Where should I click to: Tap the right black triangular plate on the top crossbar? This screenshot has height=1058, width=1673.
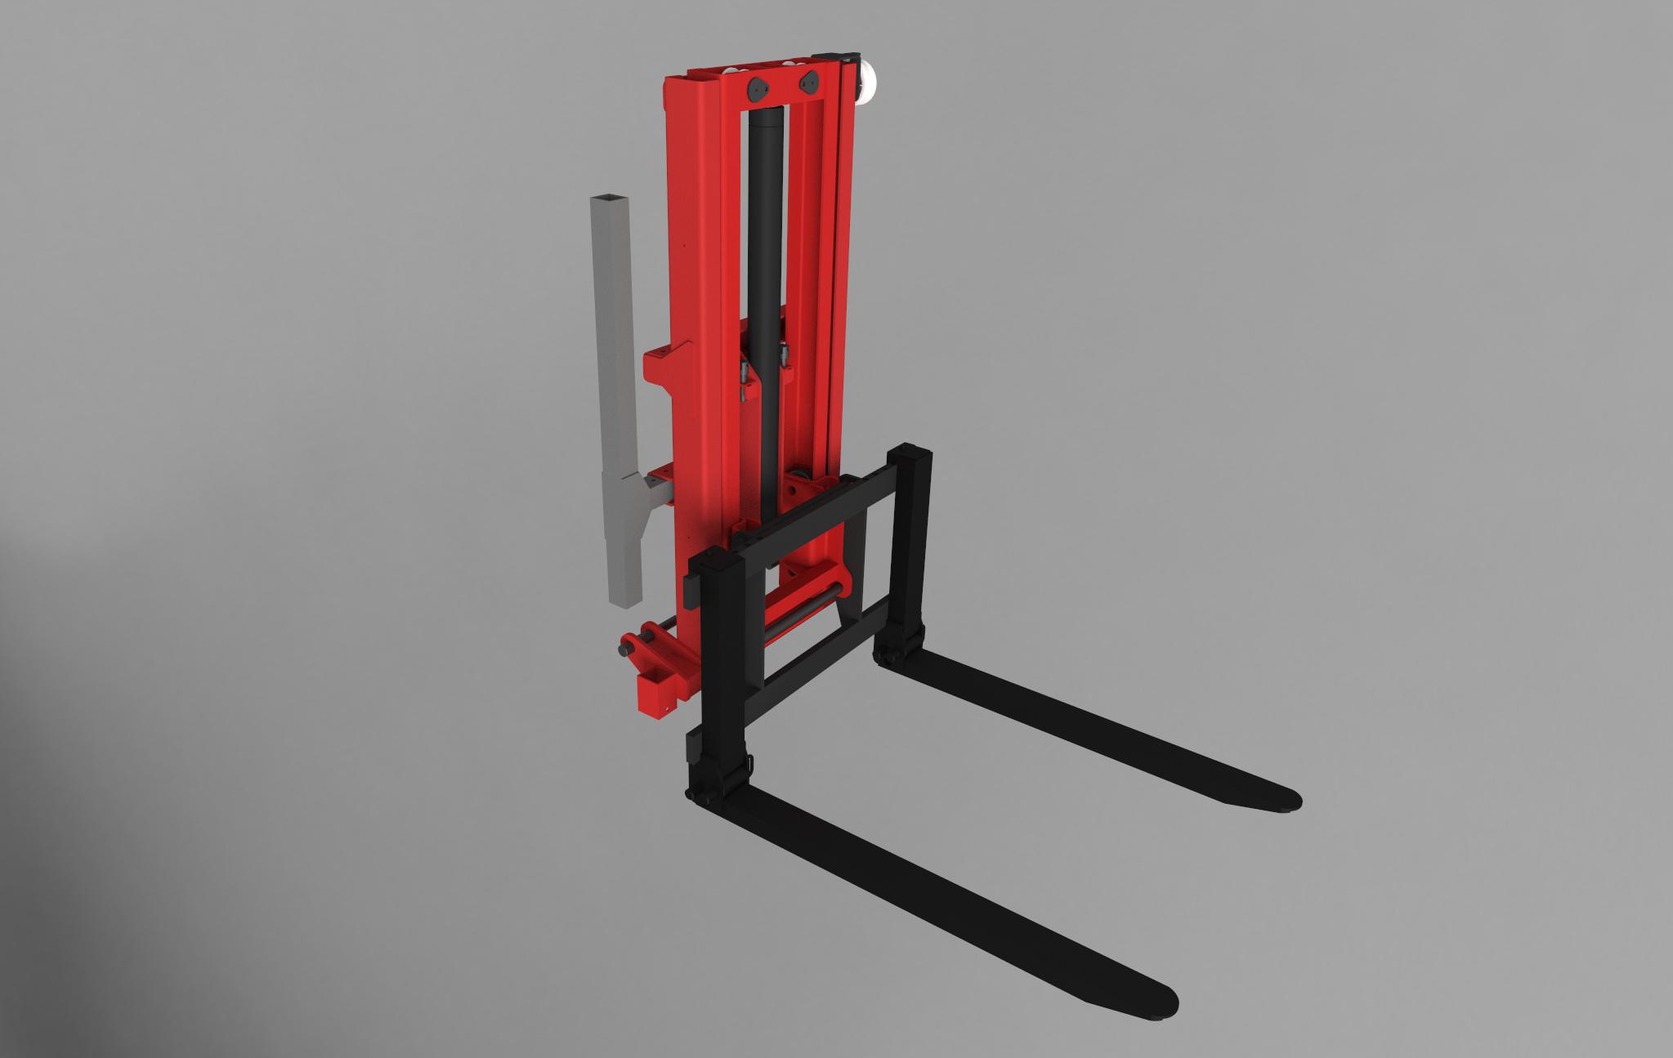[x=811, y=82]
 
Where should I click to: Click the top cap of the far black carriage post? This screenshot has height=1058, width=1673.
[x=911, y=451]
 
